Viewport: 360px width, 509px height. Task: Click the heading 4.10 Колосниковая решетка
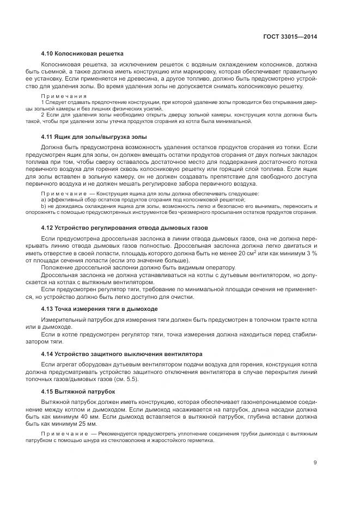pyautogui.click(x=82, y=54)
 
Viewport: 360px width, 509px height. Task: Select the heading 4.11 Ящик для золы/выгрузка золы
pyautogui.click(x=93, y=137)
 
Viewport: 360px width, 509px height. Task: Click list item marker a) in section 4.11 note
pyautogui.click(x=44, y=200)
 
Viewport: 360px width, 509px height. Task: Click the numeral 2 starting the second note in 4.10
pyautogui.click(x=43, y=114)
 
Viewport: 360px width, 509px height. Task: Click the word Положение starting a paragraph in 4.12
pyautogui.click(x=58, y=267)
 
